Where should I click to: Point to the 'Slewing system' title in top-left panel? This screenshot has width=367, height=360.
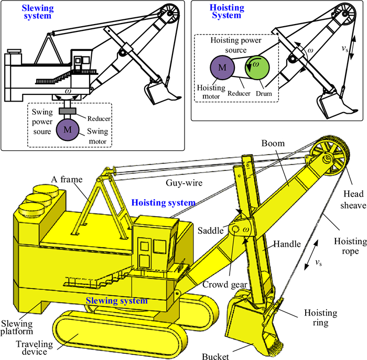point(37,12)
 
